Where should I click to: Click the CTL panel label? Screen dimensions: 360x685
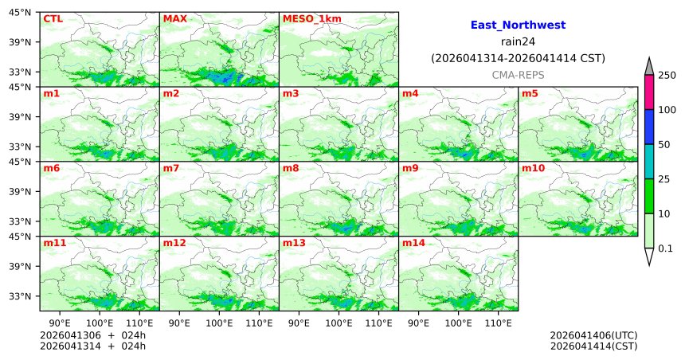(53, 18)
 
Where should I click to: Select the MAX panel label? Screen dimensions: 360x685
(174, 18)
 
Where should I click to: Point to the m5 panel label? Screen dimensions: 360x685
(530, 93)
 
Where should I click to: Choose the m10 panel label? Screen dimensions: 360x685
(533, 168)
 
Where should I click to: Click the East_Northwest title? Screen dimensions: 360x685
(518, 25)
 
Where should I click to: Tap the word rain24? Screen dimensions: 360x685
(518, 41)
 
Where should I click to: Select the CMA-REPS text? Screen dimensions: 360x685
(518, 74)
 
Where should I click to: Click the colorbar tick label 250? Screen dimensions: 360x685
(667, 75)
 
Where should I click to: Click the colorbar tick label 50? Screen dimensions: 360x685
(663, 145)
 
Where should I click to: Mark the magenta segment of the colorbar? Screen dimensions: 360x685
(648, 92)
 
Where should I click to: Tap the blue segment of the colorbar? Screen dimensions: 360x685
(648, 127)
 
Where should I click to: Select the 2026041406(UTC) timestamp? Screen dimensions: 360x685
(593, 335)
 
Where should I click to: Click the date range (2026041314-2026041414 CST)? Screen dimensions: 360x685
(518, 58)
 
